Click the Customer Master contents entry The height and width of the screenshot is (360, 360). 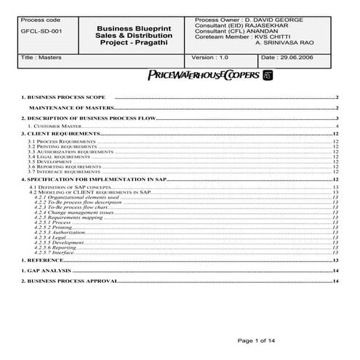[x=52, y=126]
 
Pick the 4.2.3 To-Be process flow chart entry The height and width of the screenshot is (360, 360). [x=71, y=207]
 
